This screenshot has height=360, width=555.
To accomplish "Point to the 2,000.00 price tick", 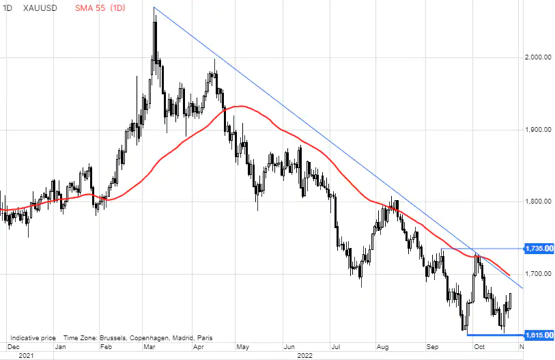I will point(537,57).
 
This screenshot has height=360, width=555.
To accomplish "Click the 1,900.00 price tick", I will point(537,130).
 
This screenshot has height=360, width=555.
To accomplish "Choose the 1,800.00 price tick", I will point(537,202).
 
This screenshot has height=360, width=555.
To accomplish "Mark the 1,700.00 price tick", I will point(537,274).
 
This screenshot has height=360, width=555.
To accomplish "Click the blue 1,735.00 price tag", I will point(538,249).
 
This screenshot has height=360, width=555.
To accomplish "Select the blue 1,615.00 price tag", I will point(538,335).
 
